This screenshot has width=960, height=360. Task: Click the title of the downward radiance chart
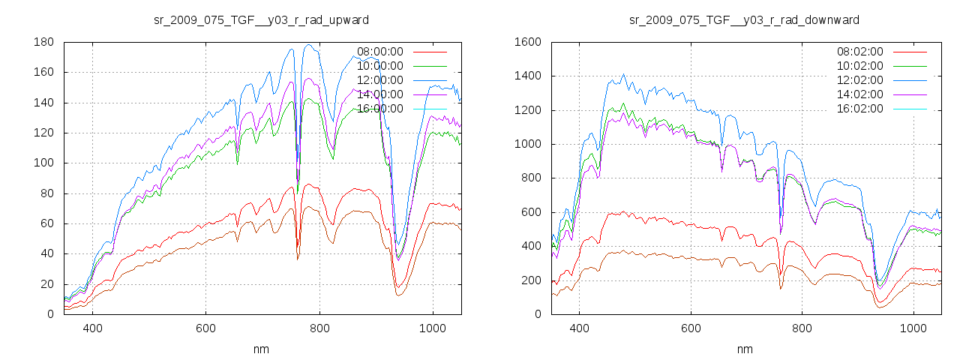point(744,19)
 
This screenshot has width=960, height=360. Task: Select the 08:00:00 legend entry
point(379,52)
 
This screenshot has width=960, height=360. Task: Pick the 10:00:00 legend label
point(379,66)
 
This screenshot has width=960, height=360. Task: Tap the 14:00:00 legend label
point(379,94)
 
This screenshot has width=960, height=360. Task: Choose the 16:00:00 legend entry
point(379,109)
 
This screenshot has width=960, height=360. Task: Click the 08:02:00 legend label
point(859,52)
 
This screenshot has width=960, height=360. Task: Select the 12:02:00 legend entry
point(859,80)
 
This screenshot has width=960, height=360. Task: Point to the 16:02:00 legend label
point(859,109)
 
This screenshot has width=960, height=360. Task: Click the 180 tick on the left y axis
point(43,42)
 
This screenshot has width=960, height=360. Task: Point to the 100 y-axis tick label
point(43,163)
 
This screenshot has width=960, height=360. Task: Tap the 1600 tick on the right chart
point(526,42)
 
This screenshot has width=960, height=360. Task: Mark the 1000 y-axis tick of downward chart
point(526,144)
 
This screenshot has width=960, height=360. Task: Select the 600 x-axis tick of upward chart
point(205,328)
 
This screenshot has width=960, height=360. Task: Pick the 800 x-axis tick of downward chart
point(802,328)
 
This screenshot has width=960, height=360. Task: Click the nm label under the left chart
point(262,349)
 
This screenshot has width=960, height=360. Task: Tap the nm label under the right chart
point(745,349)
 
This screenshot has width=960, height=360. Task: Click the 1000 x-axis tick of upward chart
point(433,328)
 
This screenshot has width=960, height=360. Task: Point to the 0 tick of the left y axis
point(49,314)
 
